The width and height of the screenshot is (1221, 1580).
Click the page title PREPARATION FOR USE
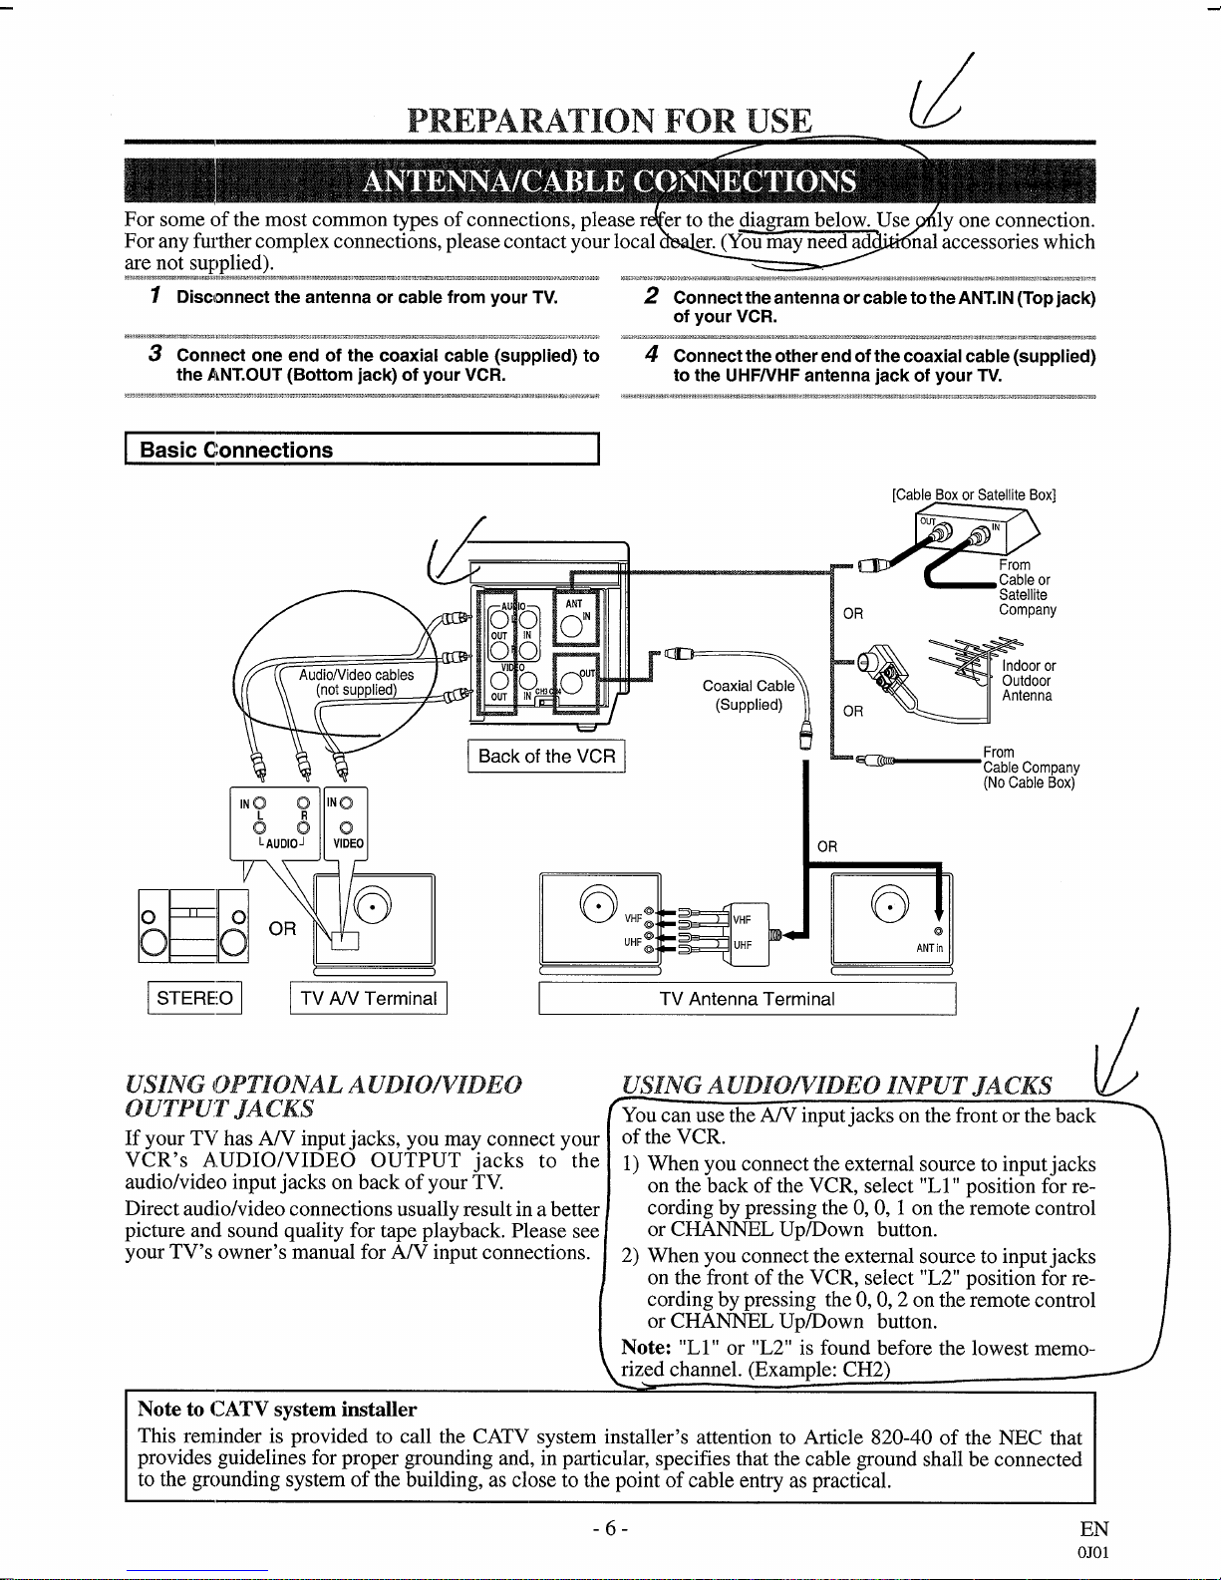(610, 121)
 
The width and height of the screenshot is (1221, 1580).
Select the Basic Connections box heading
(237, 450)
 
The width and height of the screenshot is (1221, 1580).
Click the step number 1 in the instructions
(155, 297)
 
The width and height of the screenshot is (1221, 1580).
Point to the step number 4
(650, 355)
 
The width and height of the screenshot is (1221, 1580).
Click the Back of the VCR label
(546, 756)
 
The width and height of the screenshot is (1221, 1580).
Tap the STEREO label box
(194, 998)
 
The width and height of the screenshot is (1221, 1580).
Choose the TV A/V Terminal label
(369, 998)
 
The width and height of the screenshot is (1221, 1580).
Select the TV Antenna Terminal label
(747, 999)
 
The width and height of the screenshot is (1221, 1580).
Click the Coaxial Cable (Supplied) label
(749, 695)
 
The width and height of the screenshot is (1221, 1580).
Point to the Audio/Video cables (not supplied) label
(356, 683)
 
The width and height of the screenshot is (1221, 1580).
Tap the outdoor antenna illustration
(962, 663)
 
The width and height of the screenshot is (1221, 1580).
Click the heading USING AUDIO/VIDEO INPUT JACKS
(836, 1086)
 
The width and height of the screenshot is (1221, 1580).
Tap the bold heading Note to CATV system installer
(277, 1409)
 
